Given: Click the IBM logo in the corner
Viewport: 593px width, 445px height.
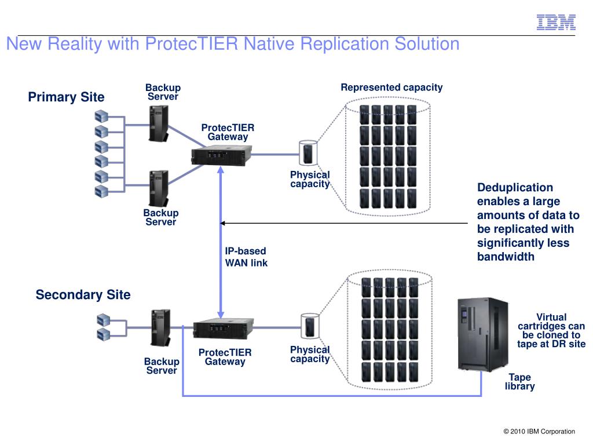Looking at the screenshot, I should click(556, 22).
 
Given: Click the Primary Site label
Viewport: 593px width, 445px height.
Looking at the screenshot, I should click(66, 97).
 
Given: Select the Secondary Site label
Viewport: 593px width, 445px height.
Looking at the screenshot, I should click(83, 295).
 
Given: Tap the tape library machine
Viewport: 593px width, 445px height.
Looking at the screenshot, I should click(482, 334).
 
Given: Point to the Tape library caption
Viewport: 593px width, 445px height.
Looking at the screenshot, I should click(519, 382).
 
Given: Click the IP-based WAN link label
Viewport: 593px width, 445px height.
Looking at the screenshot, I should click(246, 257).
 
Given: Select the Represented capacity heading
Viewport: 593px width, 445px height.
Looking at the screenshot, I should click(391, 87).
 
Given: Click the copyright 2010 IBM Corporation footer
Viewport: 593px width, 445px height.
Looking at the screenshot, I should click(539, 431).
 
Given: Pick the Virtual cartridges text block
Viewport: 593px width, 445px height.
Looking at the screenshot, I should click(551, 331).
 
